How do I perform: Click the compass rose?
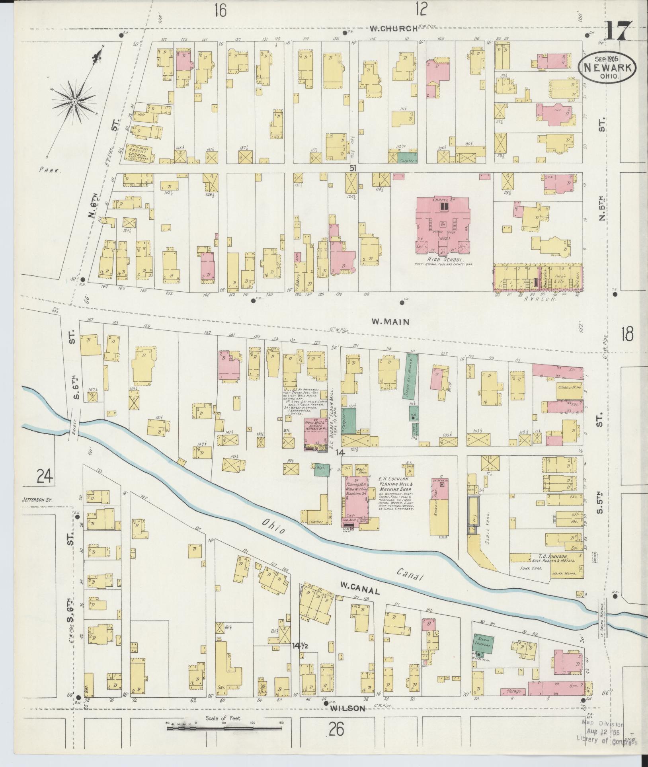(74, 102)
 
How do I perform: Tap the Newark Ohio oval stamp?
(607, 68)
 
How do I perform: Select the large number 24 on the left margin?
(46, 475)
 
